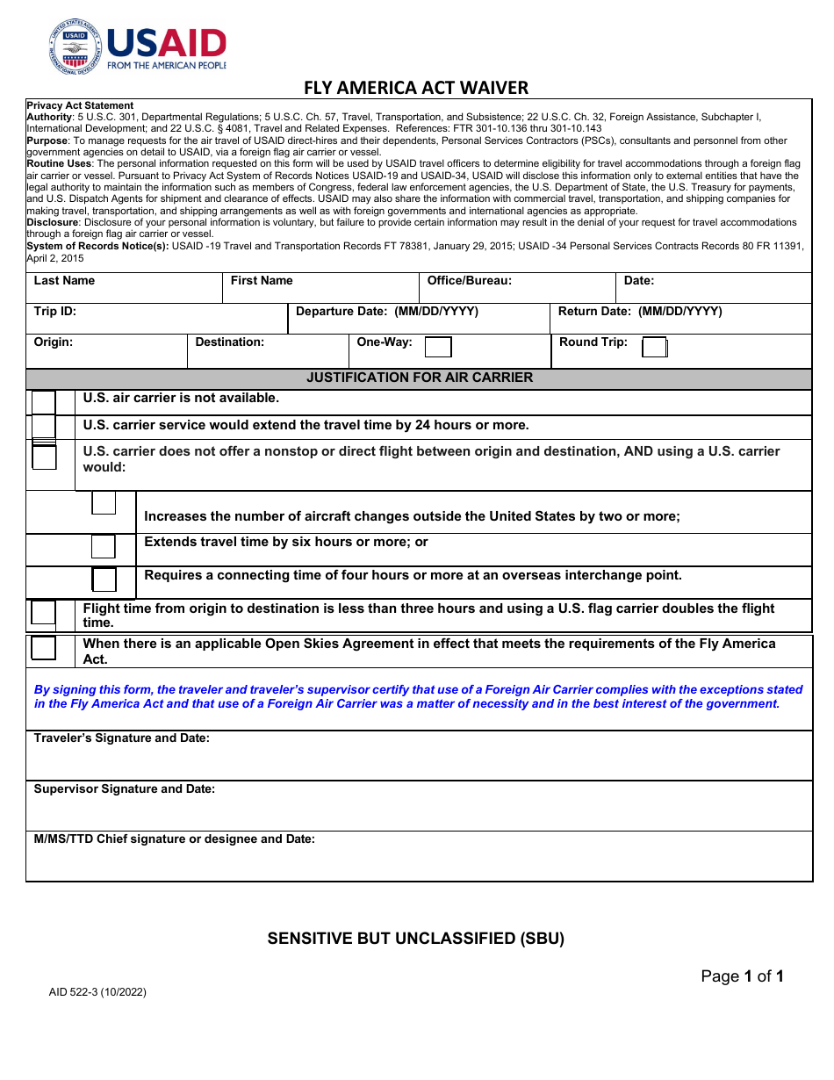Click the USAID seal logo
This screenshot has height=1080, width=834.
pyautogui.click(x=75, y=47)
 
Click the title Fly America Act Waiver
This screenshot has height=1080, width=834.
pyautogui.click(x=416, y=88)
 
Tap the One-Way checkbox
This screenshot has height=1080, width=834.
pyautogui.click(x=438, y=347)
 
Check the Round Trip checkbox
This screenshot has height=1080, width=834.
pyautogui.click(x=654, y=348)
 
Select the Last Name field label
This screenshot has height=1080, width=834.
pyautogui.click(x=64, y=281)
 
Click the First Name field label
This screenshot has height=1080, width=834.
pyautogui.click(x=262, y=281)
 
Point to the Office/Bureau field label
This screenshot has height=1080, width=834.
pyautogui.click(x=469, y=281)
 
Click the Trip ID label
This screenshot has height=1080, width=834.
pyautogui.click(x=55, y=312)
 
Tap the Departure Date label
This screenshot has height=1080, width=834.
pyautogui.click(x=386, y=312)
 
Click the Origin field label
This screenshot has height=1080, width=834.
pyautogui.click(x=54, y=342)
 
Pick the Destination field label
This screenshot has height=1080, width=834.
pyautogui.click(x=229, y=342)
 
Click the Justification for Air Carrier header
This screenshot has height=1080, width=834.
pyautogui.click(x=419, y=378)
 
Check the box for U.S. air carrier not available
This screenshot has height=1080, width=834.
pyautogui.click(x=43, y=402)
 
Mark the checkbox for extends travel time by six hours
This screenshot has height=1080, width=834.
pyautogui.click(x=104, y=546)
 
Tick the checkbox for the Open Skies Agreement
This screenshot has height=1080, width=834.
pyautogui.click(x=43, y=648)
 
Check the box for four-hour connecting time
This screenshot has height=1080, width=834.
pyautogui.click(x=104, y=580)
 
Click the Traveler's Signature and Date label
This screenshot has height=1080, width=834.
pyautogui.click(x=121, y=738)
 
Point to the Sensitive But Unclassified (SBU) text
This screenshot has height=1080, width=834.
pyautogui.click(x=415, y=939)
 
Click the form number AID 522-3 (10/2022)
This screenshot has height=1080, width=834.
pyautogui.click(x=97, y=993)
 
